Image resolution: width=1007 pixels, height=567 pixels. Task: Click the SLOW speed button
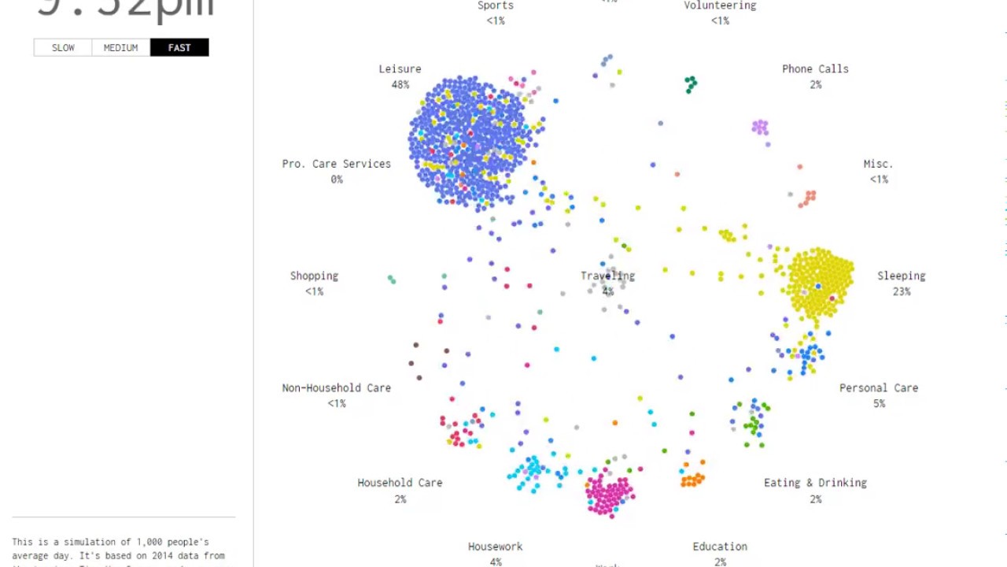pos(63,48)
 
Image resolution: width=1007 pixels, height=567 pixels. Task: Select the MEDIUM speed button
pos(120,48)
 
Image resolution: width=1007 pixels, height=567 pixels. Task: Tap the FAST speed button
pos(179,48)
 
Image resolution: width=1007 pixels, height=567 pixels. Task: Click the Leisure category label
pos(400,69)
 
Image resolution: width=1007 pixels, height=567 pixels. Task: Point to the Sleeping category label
pos(901,276)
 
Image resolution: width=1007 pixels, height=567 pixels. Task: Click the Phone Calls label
pos(815,69)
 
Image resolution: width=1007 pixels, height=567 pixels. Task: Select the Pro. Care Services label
pos(336,164)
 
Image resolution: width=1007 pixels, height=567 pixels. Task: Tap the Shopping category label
pos(314,276)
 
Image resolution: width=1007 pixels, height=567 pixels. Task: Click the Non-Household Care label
pos(336,388)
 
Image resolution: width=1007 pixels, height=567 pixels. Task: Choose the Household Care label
pos(400,483)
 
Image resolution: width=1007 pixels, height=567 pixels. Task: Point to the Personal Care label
pos(878,388)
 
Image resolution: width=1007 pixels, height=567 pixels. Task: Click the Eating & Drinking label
pos(815,483)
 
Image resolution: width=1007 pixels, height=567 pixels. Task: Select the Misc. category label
pos(878,164)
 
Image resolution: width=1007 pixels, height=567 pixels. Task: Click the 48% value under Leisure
pos(400,85)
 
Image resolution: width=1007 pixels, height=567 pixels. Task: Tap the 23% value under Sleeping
pos(901,292)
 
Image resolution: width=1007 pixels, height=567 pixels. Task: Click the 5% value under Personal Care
pos(878,404)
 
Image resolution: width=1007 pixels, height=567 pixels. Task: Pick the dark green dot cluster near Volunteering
pos(691,83)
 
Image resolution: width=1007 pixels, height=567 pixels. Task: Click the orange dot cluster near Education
pos(692,479)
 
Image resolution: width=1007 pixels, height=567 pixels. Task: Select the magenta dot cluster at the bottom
pos(609,494)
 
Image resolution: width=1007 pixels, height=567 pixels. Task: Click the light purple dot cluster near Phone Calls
pos(759,127)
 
